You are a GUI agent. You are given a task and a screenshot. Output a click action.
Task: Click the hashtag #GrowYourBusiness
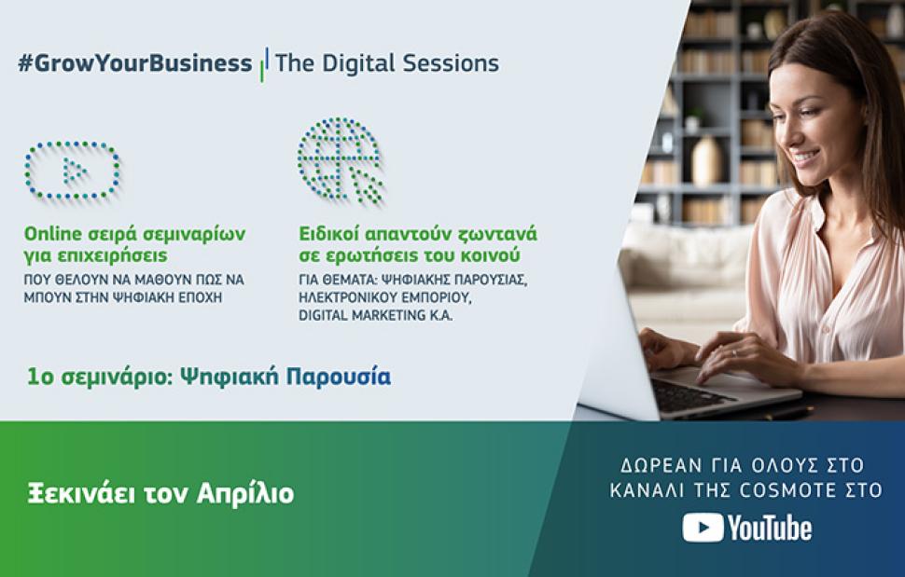(135, 63)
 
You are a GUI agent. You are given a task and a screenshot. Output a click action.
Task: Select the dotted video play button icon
(73, 171)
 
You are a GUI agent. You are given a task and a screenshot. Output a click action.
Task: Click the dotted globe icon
(340, 160)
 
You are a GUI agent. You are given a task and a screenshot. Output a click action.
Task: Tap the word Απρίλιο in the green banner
(245, 494)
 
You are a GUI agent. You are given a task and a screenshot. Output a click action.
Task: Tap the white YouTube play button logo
(703, 528)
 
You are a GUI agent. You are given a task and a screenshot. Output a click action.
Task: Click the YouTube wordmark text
(770, 528)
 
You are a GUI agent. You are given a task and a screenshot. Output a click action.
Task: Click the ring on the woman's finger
(735, 353)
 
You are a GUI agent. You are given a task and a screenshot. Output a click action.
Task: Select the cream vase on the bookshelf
(707, 161)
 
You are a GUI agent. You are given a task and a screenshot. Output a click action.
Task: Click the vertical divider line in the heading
(264, 64)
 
